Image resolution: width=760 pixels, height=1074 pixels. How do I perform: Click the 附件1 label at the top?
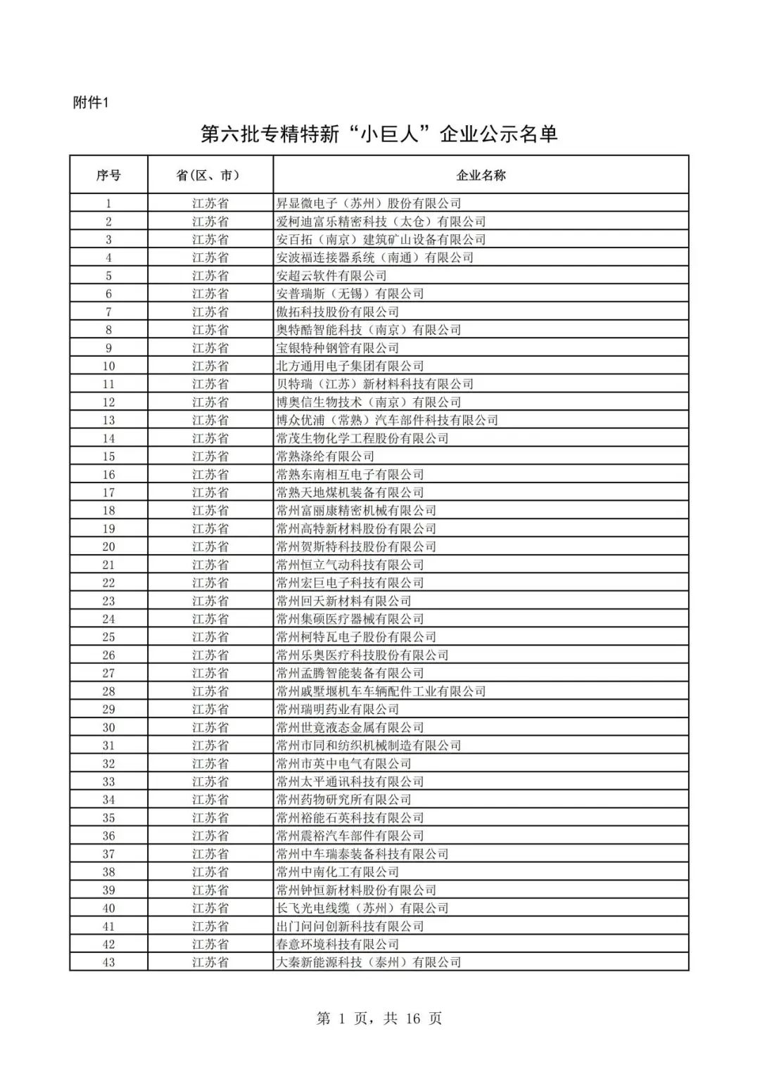coord(91,103)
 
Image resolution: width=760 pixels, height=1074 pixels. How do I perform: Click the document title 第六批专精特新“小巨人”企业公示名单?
coord(379,134)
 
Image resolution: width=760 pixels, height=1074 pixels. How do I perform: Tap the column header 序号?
coord(108,175)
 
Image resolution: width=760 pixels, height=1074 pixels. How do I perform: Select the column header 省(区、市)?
coord(210,175)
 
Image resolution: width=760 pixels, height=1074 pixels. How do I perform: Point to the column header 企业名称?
coord(481,175)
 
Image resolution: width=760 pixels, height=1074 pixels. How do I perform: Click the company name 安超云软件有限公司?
coord(331,276)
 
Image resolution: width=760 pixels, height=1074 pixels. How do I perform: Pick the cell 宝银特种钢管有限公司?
coord(337,348)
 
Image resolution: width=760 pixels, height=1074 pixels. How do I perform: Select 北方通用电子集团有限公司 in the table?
coord(350,366)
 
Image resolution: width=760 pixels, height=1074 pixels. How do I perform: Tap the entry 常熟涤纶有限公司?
coord(325,456)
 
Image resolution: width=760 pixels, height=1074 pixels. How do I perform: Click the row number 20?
coord(108,547)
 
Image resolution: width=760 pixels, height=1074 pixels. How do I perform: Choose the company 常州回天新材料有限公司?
coord(343,601)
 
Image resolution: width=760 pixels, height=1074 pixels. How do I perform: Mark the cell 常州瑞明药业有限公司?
coord(337,710)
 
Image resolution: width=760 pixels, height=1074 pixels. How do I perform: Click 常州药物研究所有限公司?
coord(343,800)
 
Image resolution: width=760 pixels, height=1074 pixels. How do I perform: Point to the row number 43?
coord(108,962)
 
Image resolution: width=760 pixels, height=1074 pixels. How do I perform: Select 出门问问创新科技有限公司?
coord(350,926)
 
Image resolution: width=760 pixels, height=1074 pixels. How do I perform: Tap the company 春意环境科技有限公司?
coord(337,945)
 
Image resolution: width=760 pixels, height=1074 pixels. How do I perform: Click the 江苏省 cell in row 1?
coord(210,204)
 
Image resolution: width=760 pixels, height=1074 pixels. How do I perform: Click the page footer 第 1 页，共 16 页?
coord(379,1018)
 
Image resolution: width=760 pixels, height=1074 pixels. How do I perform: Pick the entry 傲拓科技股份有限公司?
coord(337,312)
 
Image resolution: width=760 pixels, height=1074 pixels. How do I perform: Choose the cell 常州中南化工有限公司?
coord(337,872)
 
